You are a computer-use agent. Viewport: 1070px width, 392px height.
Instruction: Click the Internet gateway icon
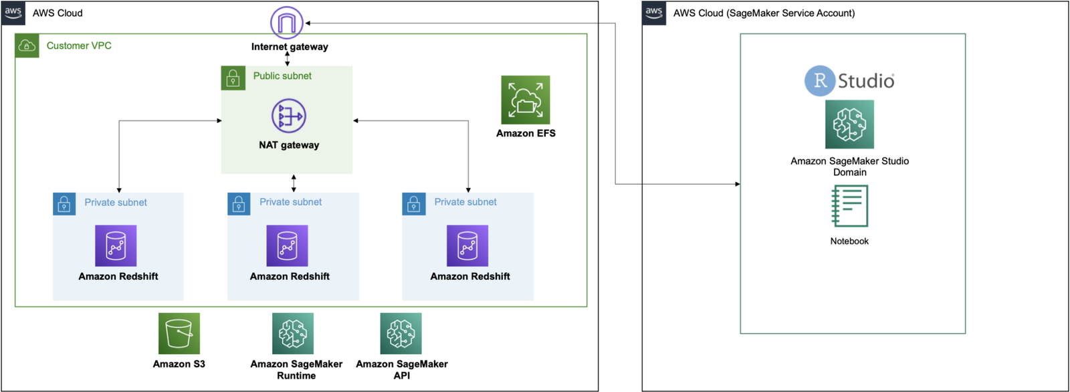[286, 23]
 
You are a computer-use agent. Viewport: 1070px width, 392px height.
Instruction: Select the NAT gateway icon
[289, 116]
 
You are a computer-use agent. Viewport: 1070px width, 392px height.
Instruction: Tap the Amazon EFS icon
[526, 100]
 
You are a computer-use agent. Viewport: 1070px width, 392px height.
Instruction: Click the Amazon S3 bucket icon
[179, 333]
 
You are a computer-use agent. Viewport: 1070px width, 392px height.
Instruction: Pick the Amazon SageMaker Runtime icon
[293, 333]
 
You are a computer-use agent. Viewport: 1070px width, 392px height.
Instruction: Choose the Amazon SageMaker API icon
[401, 333]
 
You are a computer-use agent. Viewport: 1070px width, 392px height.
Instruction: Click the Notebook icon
[849, 206]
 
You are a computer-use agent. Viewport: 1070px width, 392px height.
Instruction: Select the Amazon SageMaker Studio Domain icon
[849, 124]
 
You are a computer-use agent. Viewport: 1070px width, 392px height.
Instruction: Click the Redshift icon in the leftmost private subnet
[116, 246]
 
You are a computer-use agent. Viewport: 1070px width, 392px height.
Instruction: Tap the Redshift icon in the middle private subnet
[287, 246]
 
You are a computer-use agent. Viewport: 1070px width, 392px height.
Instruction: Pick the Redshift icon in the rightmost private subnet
[467, 246]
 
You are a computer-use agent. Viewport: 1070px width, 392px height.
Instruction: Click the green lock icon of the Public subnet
[233, 78]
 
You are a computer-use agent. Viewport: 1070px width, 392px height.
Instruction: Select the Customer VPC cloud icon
[27, 45]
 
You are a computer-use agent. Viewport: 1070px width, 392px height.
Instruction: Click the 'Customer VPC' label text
[79, 45]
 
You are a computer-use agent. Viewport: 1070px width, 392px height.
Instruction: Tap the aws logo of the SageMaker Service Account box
[654, 13]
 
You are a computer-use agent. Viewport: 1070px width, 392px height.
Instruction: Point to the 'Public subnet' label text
[282, 76]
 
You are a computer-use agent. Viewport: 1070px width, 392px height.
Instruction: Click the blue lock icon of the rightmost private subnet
[414, 204]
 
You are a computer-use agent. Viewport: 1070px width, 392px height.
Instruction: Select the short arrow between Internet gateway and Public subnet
[288, 59]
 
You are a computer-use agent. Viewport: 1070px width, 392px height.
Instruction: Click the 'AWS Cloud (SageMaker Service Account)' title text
[764, 13]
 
